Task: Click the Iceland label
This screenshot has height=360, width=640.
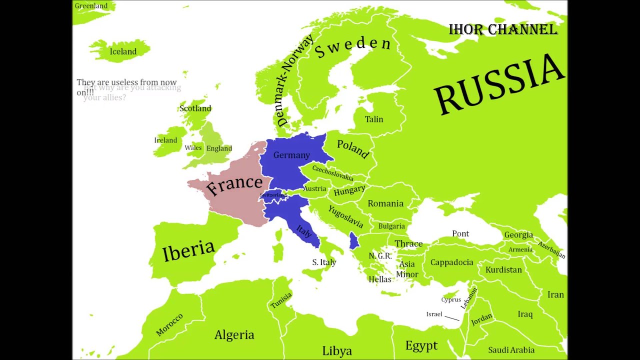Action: (123, 51)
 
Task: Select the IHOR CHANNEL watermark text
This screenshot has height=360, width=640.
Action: (503, 29)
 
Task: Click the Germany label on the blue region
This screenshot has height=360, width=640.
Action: (291, 155)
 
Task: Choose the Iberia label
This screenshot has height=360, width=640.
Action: (188, 250)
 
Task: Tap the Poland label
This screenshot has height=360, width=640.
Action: (353, 148)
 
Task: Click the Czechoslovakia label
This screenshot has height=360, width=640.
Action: (332, 173)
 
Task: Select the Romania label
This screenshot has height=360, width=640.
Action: (385, 203)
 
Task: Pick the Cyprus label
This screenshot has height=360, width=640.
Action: (451, 300)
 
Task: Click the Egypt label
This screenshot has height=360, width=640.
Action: (421, 345)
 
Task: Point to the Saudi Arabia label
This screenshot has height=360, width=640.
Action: (511, 350)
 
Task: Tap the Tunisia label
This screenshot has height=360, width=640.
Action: (280, 300)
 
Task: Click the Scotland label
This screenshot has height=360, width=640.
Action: (195, 108)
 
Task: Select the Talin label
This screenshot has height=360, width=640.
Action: (374, 119)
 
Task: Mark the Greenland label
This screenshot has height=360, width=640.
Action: (91, 6)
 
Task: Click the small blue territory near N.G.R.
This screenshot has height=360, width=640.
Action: (353, 240)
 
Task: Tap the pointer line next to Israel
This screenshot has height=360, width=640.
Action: (451, 317)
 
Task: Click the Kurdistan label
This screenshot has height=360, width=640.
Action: (503, 270)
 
